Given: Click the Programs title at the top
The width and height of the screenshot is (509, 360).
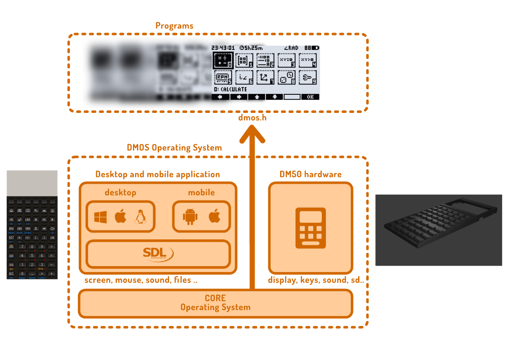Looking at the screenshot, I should pos(174,26).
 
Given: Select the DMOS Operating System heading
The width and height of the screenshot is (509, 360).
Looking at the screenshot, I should pos(175,148).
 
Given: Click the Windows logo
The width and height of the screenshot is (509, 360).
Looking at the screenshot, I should pos(101,217).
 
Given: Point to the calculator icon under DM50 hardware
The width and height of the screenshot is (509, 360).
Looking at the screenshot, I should pos(310,228).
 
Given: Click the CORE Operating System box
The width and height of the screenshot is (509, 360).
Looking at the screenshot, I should pos(215,303).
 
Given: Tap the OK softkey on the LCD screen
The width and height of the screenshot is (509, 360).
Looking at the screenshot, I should pos(310,97).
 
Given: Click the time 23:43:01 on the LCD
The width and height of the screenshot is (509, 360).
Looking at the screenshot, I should pos(223,48).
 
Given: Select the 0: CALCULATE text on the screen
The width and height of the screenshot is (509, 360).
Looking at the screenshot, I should pos(231,89).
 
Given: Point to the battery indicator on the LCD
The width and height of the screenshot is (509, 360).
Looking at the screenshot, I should pos(315,48).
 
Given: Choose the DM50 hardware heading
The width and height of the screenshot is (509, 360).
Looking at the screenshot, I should pos(310,175).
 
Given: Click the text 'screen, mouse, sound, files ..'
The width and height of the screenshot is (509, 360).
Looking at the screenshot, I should pos(141,280).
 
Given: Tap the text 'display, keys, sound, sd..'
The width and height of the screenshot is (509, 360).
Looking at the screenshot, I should pos(316,280).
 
